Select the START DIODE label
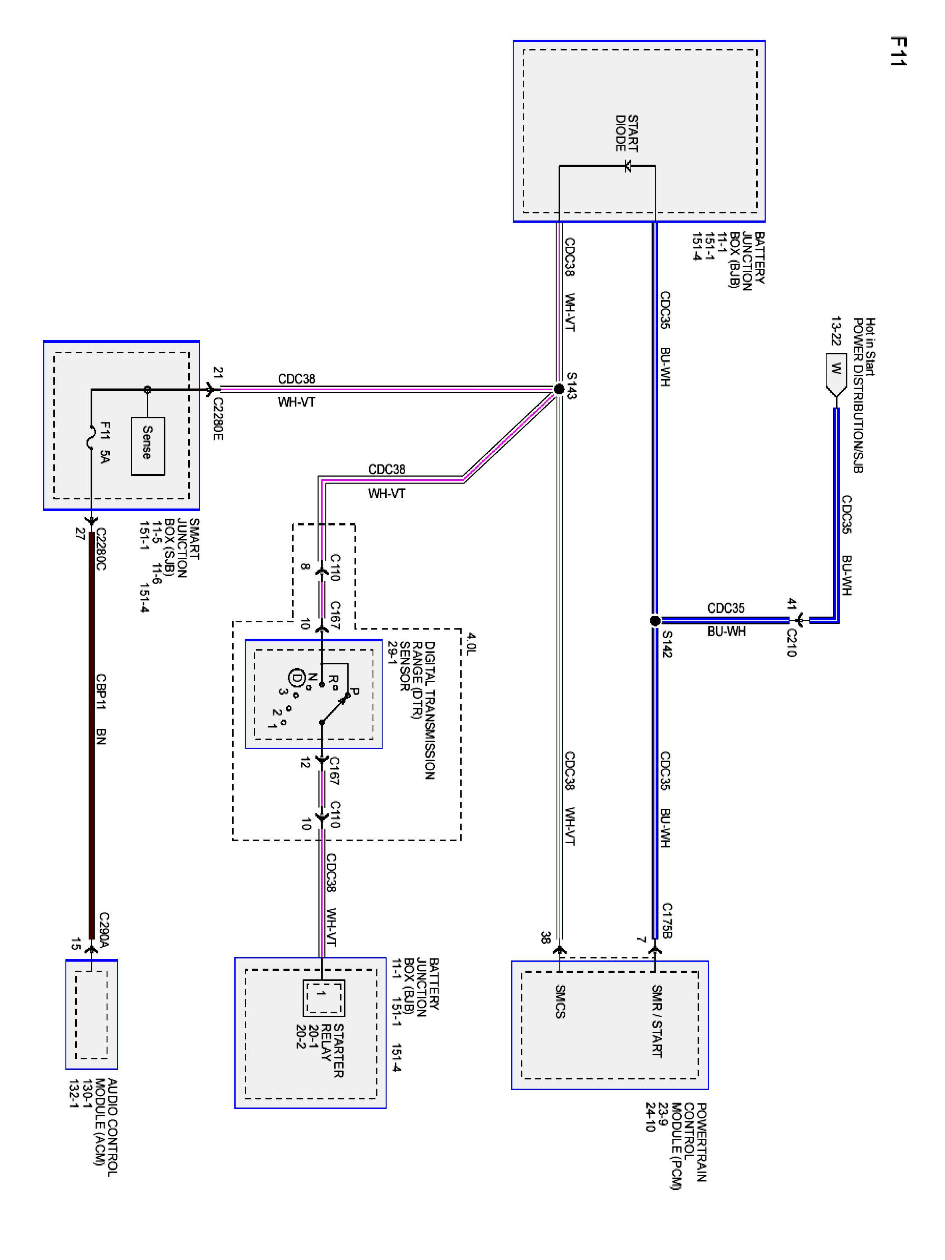click(x=627, y=133)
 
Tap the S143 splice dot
click(x=559, y=389)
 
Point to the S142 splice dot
click(x=655, y=620)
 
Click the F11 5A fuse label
click(x=105, y=442)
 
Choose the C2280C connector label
click(x=101, y=549)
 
